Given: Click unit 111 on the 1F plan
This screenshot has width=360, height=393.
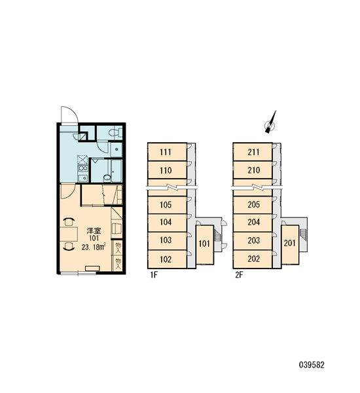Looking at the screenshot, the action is click(167, 152).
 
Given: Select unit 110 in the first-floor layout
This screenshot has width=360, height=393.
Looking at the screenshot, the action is click(167, 170).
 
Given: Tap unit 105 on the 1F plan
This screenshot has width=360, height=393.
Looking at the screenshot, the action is click(167, 205).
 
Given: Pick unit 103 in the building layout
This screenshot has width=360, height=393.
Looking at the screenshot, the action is click(167, 240).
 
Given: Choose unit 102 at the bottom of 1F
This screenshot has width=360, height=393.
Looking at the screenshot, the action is click(167, 259).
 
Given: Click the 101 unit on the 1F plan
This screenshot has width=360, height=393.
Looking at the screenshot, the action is click(204, 244).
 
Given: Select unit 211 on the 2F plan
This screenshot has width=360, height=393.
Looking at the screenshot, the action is click(253, 152).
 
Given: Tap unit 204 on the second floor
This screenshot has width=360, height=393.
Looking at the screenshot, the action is click(253, 222).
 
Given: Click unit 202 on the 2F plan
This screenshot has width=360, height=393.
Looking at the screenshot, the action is click(253, 259).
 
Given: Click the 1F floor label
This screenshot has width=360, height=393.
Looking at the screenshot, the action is click(154, 275).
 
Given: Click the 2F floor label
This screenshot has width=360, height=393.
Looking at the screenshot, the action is click(239, 275).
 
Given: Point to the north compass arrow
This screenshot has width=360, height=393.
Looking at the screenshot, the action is click(272, 122).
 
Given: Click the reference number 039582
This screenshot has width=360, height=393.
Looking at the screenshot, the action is click(312, 365).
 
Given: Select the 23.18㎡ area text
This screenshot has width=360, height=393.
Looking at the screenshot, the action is click(94, 247).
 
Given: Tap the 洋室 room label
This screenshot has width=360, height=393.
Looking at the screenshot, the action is click(94, 231).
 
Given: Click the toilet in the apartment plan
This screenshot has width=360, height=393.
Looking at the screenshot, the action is click(115, 132).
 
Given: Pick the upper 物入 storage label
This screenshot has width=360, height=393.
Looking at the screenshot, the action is click(118, 247).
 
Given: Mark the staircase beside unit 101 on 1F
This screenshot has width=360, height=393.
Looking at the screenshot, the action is click(217, 236).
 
